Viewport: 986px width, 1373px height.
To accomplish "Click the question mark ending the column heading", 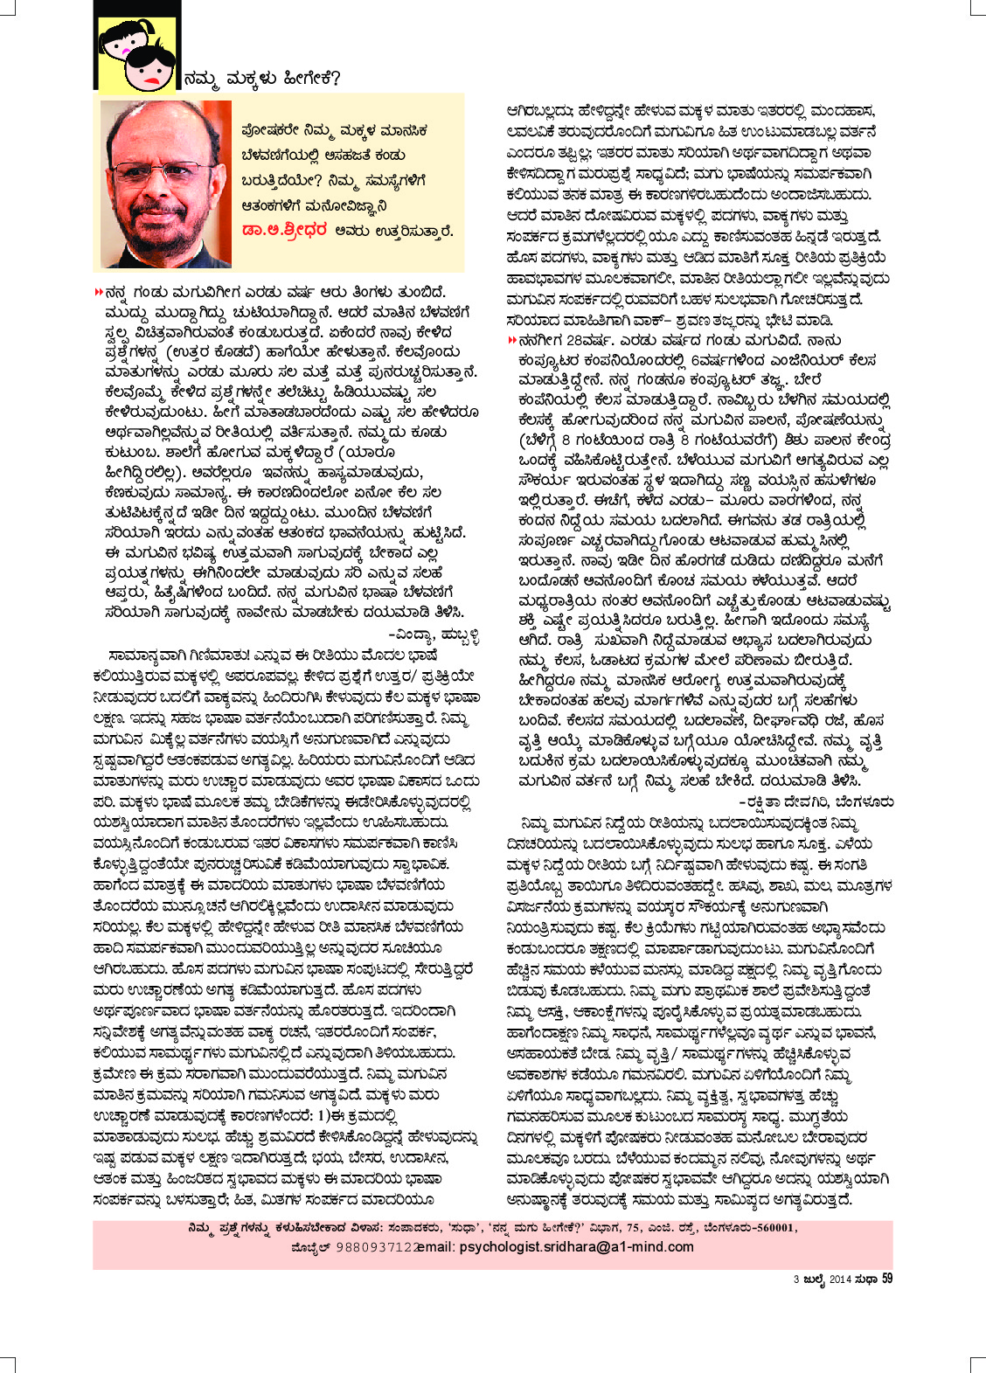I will coord(337,79).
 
